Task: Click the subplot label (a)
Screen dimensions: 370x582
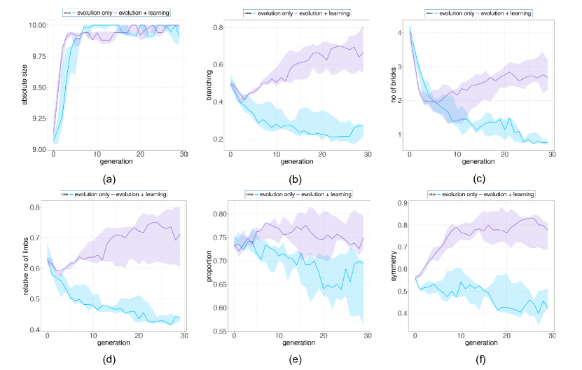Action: (x=109, y=179)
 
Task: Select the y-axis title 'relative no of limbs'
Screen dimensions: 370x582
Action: (x=26, y=267)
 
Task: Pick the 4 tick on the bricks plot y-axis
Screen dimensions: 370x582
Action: (x=400, y=33)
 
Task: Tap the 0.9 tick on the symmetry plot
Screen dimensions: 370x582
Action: (x=401, y=203)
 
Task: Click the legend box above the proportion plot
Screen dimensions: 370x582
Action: (x=298, y=193)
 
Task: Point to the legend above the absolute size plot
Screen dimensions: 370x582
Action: (x=116, y=13)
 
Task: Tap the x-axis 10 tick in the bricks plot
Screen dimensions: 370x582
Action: (x=457, y=154)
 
